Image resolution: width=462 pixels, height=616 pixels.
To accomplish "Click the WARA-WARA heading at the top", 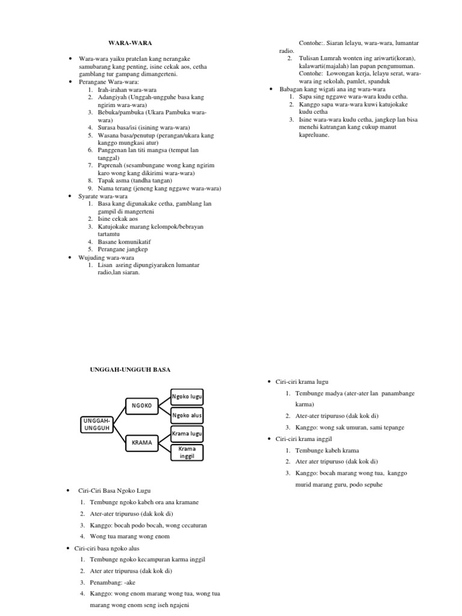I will coord(130,43).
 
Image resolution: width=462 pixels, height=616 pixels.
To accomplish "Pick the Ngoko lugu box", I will coord(187,397).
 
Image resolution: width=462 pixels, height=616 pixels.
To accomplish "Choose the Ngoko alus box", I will coord(187,415).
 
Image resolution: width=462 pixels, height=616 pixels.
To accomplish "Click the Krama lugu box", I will coord(187,433).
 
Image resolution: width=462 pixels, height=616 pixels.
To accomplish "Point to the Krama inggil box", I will coord(187,452).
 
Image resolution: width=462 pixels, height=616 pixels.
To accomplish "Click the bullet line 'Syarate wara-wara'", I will coord(103,196).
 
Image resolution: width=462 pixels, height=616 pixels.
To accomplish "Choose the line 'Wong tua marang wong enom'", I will coord(129,536).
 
